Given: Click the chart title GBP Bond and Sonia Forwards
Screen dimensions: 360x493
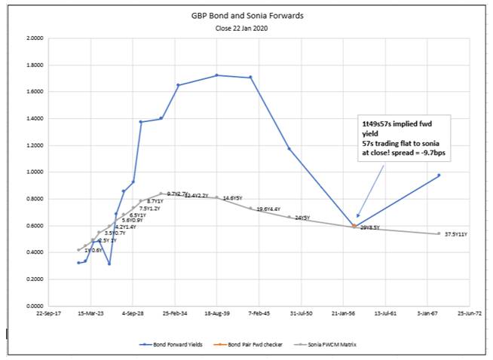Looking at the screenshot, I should [x=246, y=14].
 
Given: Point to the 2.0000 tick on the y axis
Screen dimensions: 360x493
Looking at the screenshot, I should [x=33, y=38].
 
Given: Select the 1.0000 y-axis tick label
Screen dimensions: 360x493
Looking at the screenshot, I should [x=33, y=172].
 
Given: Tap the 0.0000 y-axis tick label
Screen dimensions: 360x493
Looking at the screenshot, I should [x=33, y=306].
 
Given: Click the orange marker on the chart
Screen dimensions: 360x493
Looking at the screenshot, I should [x=354, y=225].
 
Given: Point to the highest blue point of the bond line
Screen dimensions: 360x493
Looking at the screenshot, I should [x=217, y=75].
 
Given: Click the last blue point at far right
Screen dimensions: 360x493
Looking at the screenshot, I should [x=439, y=175].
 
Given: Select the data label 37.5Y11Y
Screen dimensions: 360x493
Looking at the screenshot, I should [x=457, y=234].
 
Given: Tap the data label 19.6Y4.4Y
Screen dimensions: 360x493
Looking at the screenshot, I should [x=268, y=209].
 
